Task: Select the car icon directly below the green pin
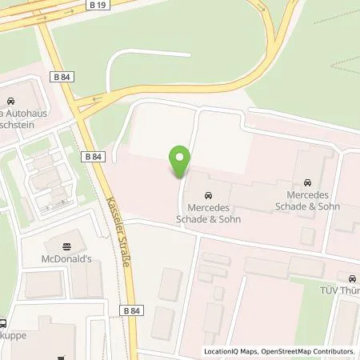(208, 196)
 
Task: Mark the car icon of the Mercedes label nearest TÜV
(307, 182)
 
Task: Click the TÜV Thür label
(342, 291)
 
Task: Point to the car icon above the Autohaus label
(10, 102)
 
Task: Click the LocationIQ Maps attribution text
(230, 351)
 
